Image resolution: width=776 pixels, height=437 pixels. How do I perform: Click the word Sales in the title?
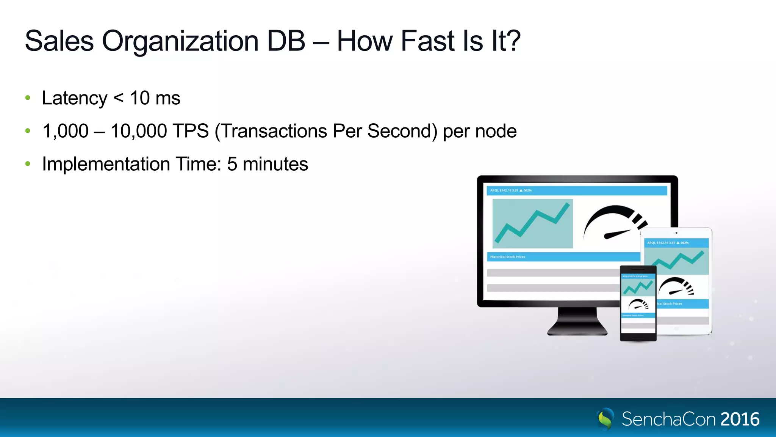[59, 41]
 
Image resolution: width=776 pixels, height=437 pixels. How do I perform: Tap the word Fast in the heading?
[427, 41]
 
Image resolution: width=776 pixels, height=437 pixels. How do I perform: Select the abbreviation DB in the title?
[286, 41]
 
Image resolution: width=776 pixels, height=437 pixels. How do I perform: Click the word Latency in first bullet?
[75, 98]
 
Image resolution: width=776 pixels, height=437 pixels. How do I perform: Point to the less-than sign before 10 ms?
[119, 99]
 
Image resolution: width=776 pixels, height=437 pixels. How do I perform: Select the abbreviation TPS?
[191, 131]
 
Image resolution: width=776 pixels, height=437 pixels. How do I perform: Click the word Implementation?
[106, 164]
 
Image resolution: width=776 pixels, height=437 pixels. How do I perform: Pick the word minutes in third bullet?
[275, 164]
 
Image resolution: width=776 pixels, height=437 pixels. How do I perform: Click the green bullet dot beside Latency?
[28, 98]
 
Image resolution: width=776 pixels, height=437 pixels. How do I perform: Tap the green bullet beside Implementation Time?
[28, 164]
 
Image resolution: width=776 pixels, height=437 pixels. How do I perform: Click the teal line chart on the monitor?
[532, 223]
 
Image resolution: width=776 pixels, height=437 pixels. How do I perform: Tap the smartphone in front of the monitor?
[638, 303]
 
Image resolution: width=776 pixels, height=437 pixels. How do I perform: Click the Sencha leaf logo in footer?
[605, 419]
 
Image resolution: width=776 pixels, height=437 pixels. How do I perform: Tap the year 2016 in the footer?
[740, 419]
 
